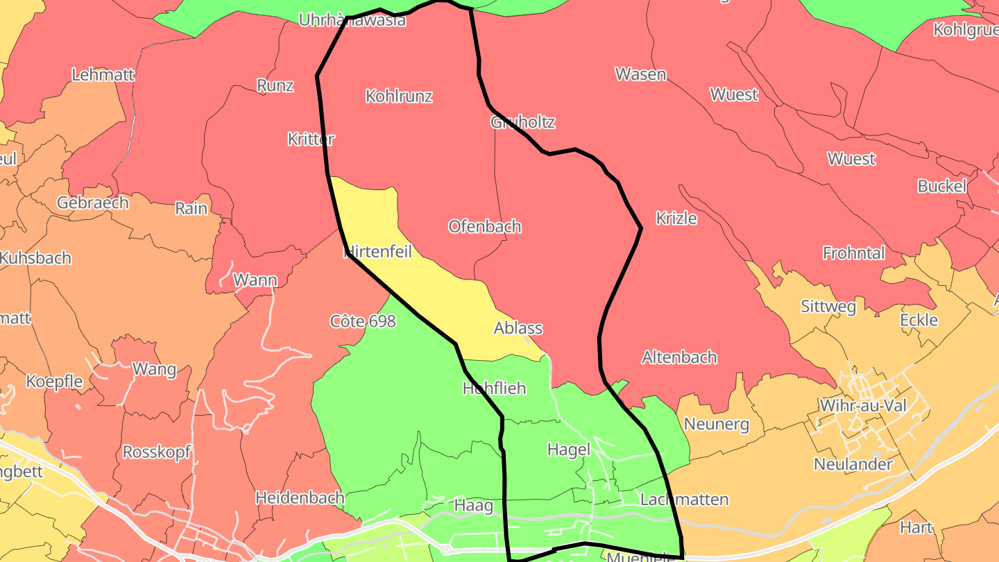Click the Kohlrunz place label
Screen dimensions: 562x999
[x=399, y=96]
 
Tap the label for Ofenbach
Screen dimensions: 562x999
[x=484, y=226]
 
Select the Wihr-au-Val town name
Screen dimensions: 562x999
[x=862, y=405]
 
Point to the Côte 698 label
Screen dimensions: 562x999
[x=363, y=321]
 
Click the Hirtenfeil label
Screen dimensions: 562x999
[x=378, y=251]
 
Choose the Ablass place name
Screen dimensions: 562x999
[x=518, y=328]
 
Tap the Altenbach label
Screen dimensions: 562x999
[x=679, y=357]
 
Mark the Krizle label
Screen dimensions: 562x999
[x=676, y=218]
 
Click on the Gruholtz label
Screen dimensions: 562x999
[x=522, y=122]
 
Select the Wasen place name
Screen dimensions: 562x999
[x=640, y=74]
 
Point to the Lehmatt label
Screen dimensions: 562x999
[x=103, y=74]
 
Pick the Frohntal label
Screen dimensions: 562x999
[x=853, y=253]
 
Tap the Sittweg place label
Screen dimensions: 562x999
[x=828, y=306]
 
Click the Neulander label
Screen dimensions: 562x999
[x=853, y=463]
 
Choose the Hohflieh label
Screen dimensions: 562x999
[x=494, y=388]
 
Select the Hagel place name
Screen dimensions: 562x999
[x=568, y=449]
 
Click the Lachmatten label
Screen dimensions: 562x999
[x=684, y=500]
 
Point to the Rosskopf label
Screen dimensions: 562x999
[x=157, y=452]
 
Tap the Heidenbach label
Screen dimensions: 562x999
[x=300, y=497]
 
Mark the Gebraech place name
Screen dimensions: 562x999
[x=93, y=203]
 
